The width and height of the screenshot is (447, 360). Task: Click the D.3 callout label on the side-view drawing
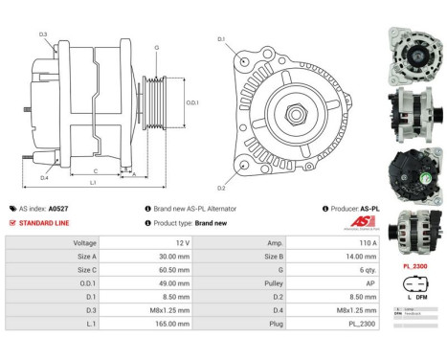(44, 34)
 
